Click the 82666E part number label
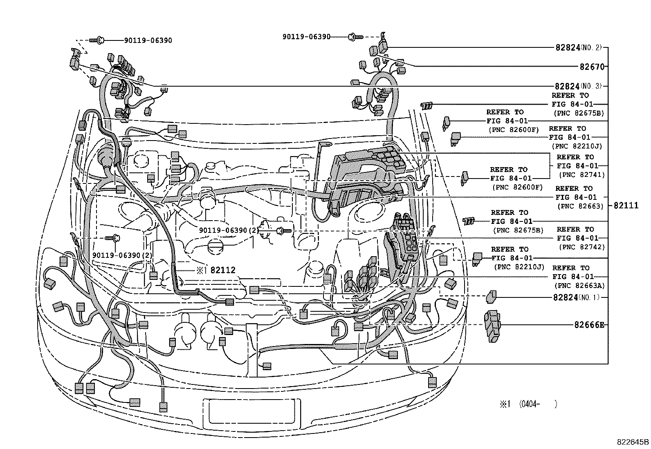[x=589, y=325]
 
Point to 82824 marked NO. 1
[x=566, y=297]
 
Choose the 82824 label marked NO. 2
[x=567, y=47]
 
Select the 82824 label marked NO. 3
[x=567, y=87]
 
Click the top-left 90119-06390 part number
[x=148, y=40]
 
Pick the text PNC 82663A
[x=579, y=286]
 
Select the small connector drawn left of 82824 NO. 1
[x=491, y=297]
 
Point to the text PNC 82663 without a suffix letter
[x=580, y=206]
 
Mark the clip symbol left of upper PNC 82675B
[x=427, y=106]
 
